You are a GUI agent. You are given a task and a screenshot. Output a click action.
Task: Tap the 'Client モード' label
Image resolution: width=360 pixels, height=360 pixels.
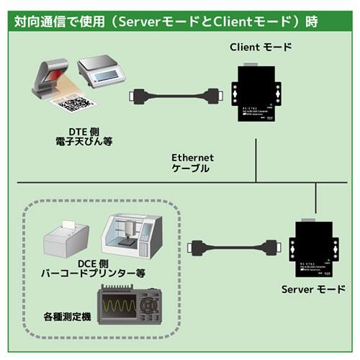[x=260, y=48]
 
